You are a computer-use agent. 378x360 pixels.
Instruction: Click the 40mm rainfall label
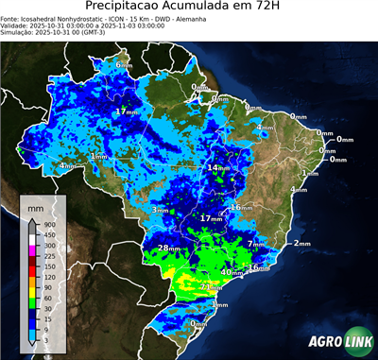pyautogui.click(x=230, y=272)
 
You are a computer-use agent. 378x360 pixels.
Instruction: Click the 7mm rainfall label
pyautogui.click(x=255, y=244)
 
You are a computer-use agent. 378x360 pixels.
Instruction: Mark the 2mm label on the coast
pyautogui.click(x=301, y=243)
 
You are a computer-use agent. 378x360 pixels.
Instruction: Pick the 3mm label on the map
pyautogui.click(x=159, y=210)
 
